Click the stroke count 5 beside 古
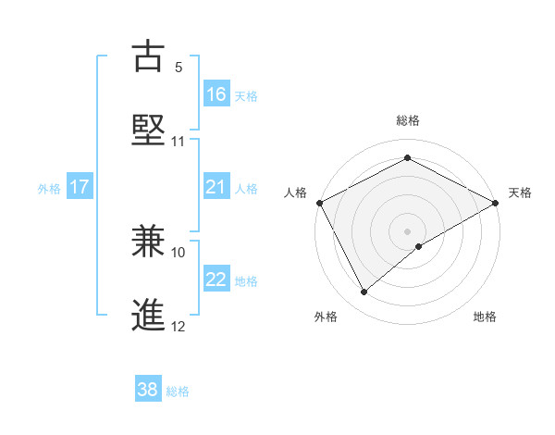pos(179,68)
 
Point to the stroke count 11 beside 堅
pos(179,142)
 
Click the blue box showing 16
pos(216,94)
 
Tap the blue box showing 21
pos(216,188)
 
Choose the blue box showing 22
pos(216,280)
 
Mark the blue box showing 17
pos(80,188)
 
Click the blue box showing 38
pos(148,390)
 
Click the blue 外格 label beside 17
pos(49,189)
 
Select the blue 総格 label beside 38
pos(178,391)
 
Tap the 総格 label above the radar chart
pos(407,120)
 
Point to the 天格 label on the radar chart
pos(520,193)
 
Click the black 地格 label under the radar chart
pos(485,317)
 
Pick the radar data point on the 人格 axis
pos(319,202)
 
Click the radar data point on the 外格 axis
pos(364,292)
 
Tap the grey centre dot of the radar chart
pos(407,230)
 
